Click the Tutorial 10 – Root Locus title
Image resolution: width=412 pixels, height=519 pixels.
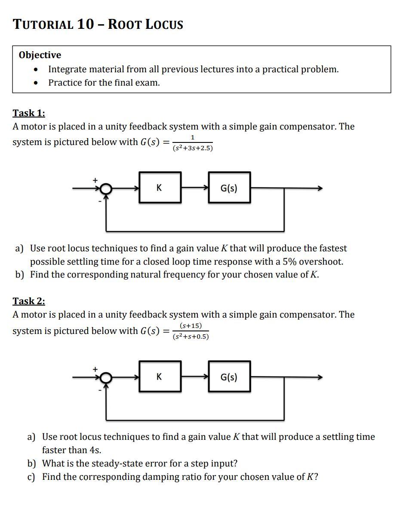pos(98,24)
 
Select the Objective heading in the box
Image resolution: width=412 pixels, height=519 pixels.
pos(40,55)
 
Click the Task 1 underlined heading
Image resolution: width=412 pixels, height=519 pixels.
pos(29,113)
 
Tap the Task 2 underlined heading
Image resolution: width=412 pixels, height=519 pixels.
pos(29,301)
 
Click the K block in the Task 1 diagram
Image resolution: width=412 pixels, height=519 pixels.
pos(160,188)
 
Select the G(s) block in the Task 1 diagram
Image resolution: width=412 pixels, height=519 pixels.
pos(229,188)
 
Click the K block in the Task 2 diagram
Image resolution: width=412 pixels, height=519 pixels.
pos(160,377)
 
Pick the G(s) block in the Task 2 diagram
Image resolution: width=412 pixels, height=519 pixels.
pos(229,377)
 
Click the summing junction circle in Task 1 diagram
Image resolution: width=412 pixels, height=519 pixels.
pos(106,188)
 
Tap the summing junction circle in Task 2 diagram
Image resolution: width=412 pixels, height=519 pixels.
pos(106,377)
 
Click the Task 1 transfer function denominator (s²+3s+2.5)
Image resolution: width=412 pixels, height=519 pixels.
pos(193,148)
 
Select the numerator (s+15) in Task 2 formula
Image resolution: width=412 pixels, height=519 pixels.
pos(191,326)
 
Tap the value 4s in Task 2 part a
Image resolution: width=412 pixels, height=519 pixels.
pos(95,450)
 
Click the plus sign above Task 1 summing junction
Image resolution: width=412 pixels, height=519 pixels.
pos(95,180)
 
